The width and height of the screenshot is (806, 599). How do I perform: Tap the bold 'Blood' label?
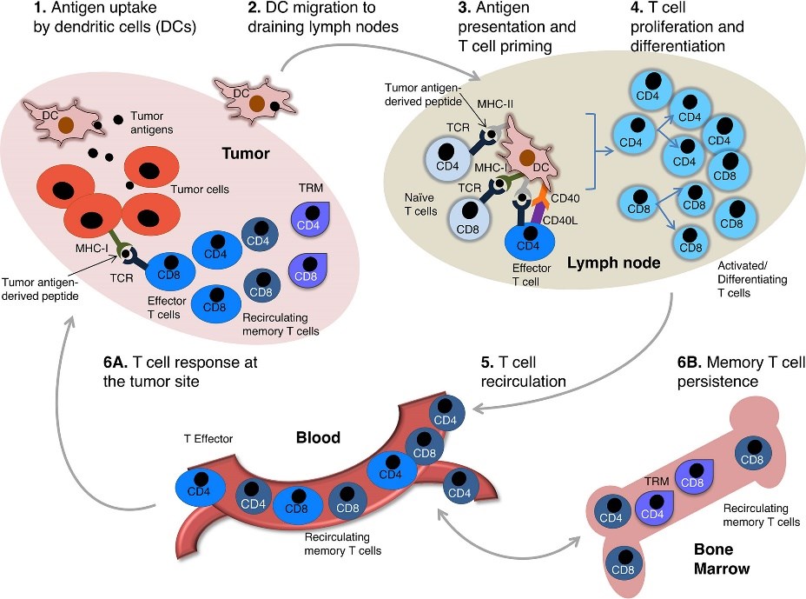(319, 438)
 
